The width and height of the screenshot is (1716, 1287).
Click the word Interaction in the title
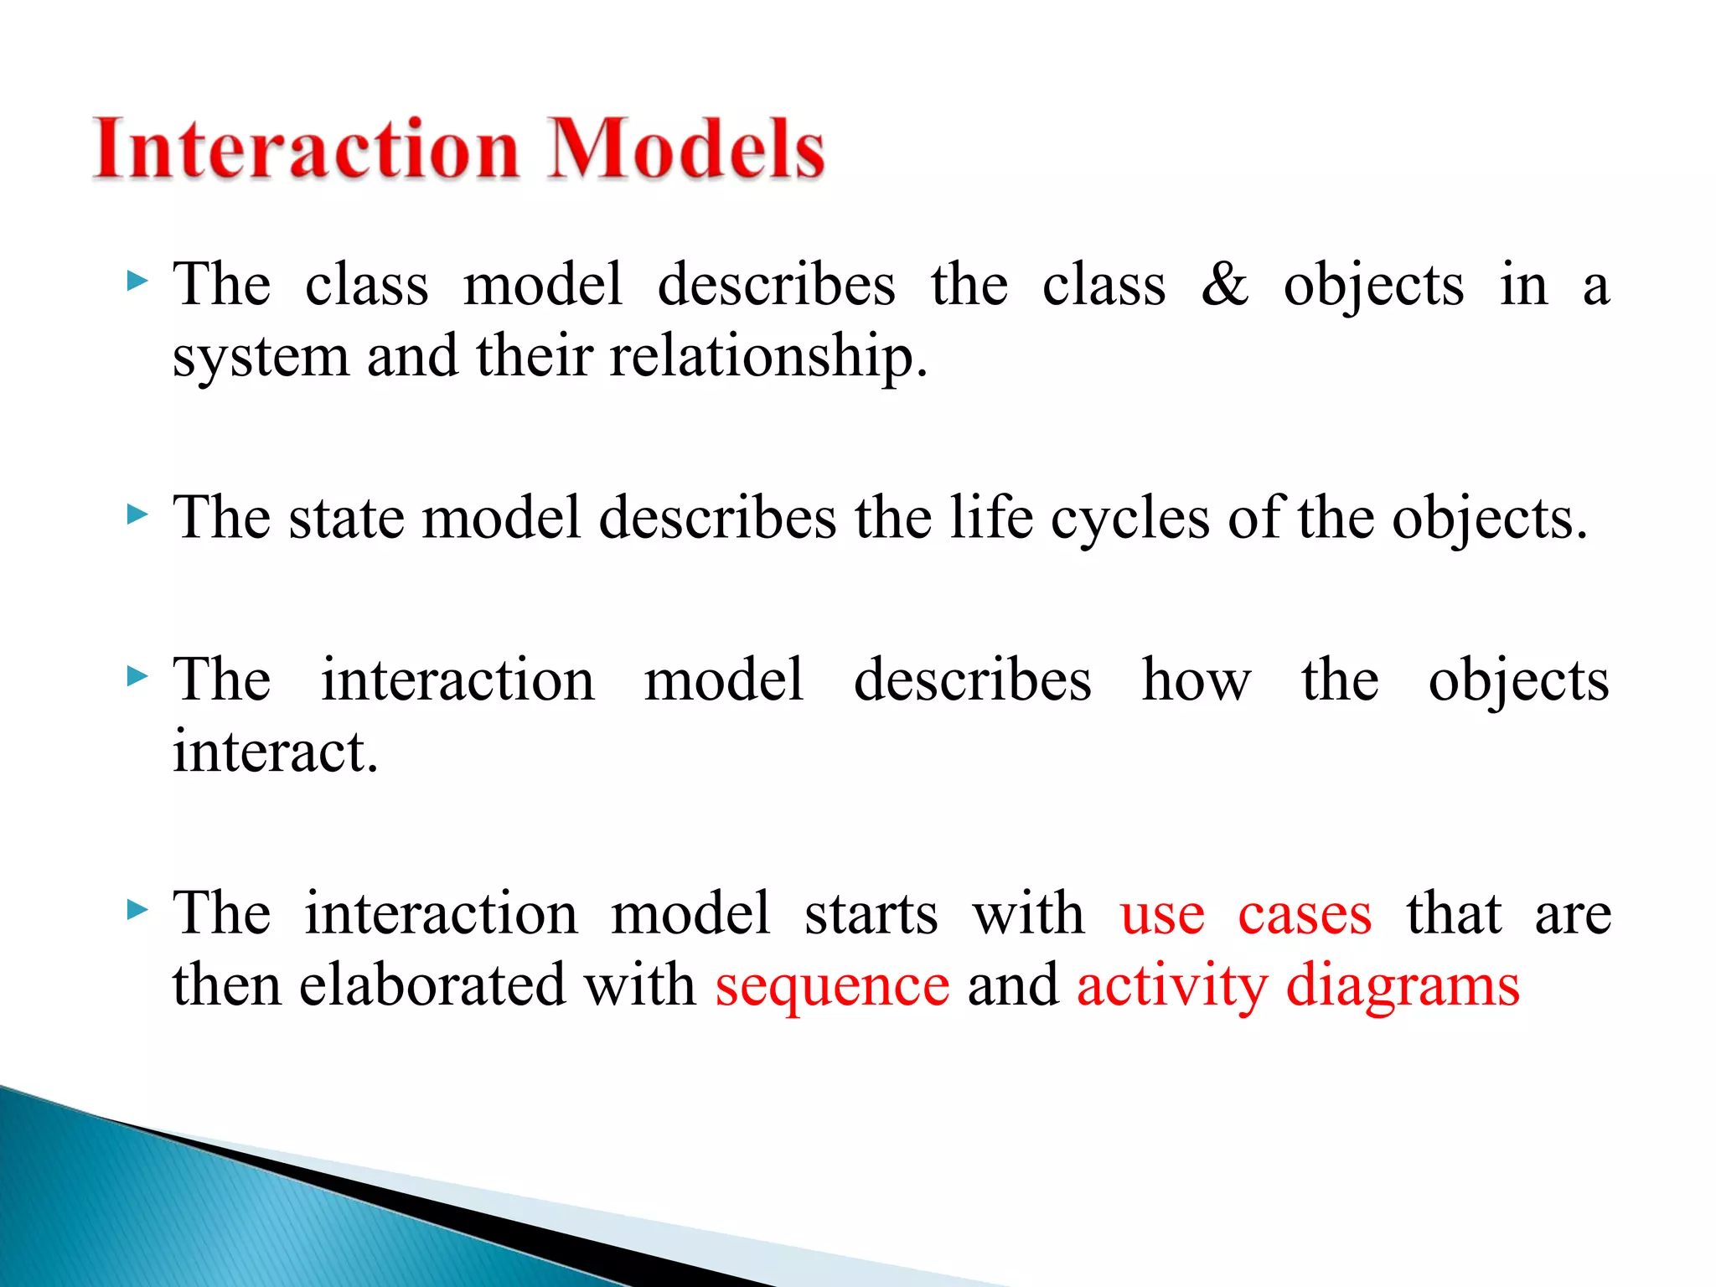click(x=306, y=149)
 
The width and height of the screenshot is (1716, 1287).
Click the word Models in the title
click(x=685, y=149)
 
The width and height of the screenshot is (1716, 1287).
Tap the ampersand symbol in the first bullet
click(x=1224, y=285)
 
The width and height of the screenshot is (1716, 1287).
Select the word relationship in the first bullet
click(x=768, y=357)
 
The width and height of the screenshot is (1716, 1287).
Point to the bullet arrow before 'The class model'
click(x=137, y=282)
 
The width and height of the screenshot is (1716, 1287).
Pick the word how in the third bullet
click(x=1197, y=680)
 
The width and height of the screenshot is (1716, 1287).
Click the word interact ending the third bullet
click(x=275, y=752)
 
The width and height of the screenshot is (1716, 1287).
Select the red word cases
click(x=1305, y=914)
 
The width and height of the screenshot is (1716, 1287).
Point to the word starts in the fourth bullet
click(x=871, y=913)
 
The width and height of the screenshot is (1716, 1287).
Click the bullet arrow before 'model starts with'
click(x=137, y=909)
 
